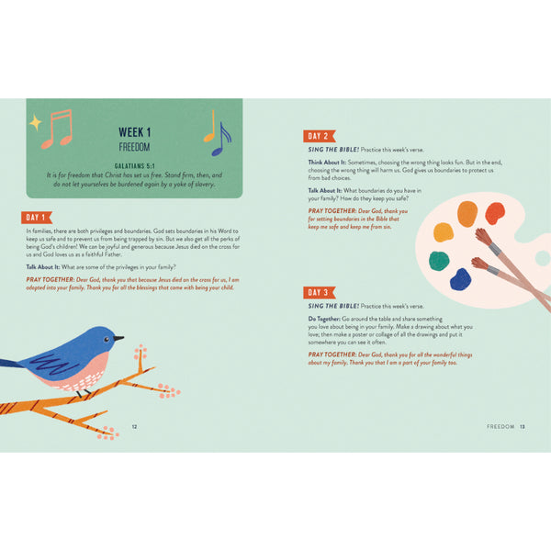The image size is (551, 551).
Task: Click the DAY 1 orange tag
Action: pos(37,218)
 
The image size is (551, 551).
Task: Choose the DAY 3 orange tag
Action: pos(319,293)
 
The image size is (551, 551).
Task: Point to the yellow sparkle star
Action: pos(35,121)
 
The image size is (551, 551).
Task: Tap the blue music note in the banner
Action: pos(221,141)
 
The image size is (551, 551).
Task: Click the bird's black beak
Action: pos(118,338)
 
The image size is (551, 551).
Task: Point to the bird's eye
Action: pos(108,337)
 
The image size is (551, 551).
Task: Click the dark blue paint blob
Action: pos(460,278)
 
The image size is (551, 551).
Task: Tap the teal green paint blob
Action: pos(440,261)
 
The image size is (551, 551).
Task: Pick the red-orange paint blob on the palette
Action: pos(494,213)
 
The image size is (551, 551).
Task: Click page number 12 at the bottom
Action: pos(134,426)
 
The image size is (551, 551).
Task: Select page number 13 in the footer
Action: pos(522,426)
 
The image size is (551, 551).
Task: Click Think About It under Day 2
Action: pos(328,161)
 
